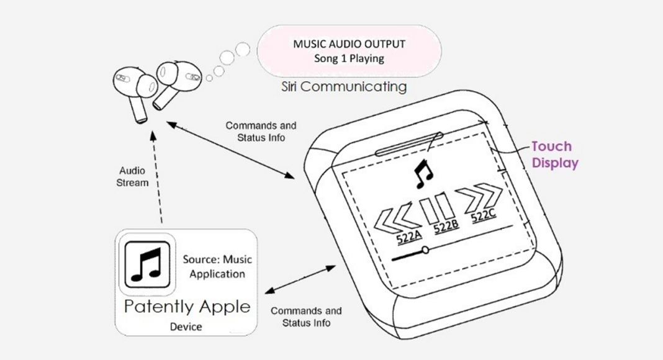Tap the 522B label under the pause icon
446,227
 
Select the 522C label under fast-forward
484,216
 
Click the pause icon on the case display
438,208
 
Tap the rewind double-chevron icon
394,218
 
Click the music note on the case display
423,174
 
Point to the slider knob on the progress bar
425,250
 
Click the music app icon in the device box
147,264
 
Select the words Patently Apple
187,307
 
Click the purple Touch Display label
555,155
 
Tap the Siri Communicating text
344,87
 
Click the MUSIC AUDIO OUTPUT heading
350,44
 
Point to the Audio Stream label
132,177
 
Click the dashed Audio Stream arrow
157,178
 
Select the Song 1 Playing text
350,58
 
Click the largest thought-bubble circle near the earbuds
243,50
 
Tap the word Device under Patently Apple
186,326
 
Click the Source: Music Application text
217,267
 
